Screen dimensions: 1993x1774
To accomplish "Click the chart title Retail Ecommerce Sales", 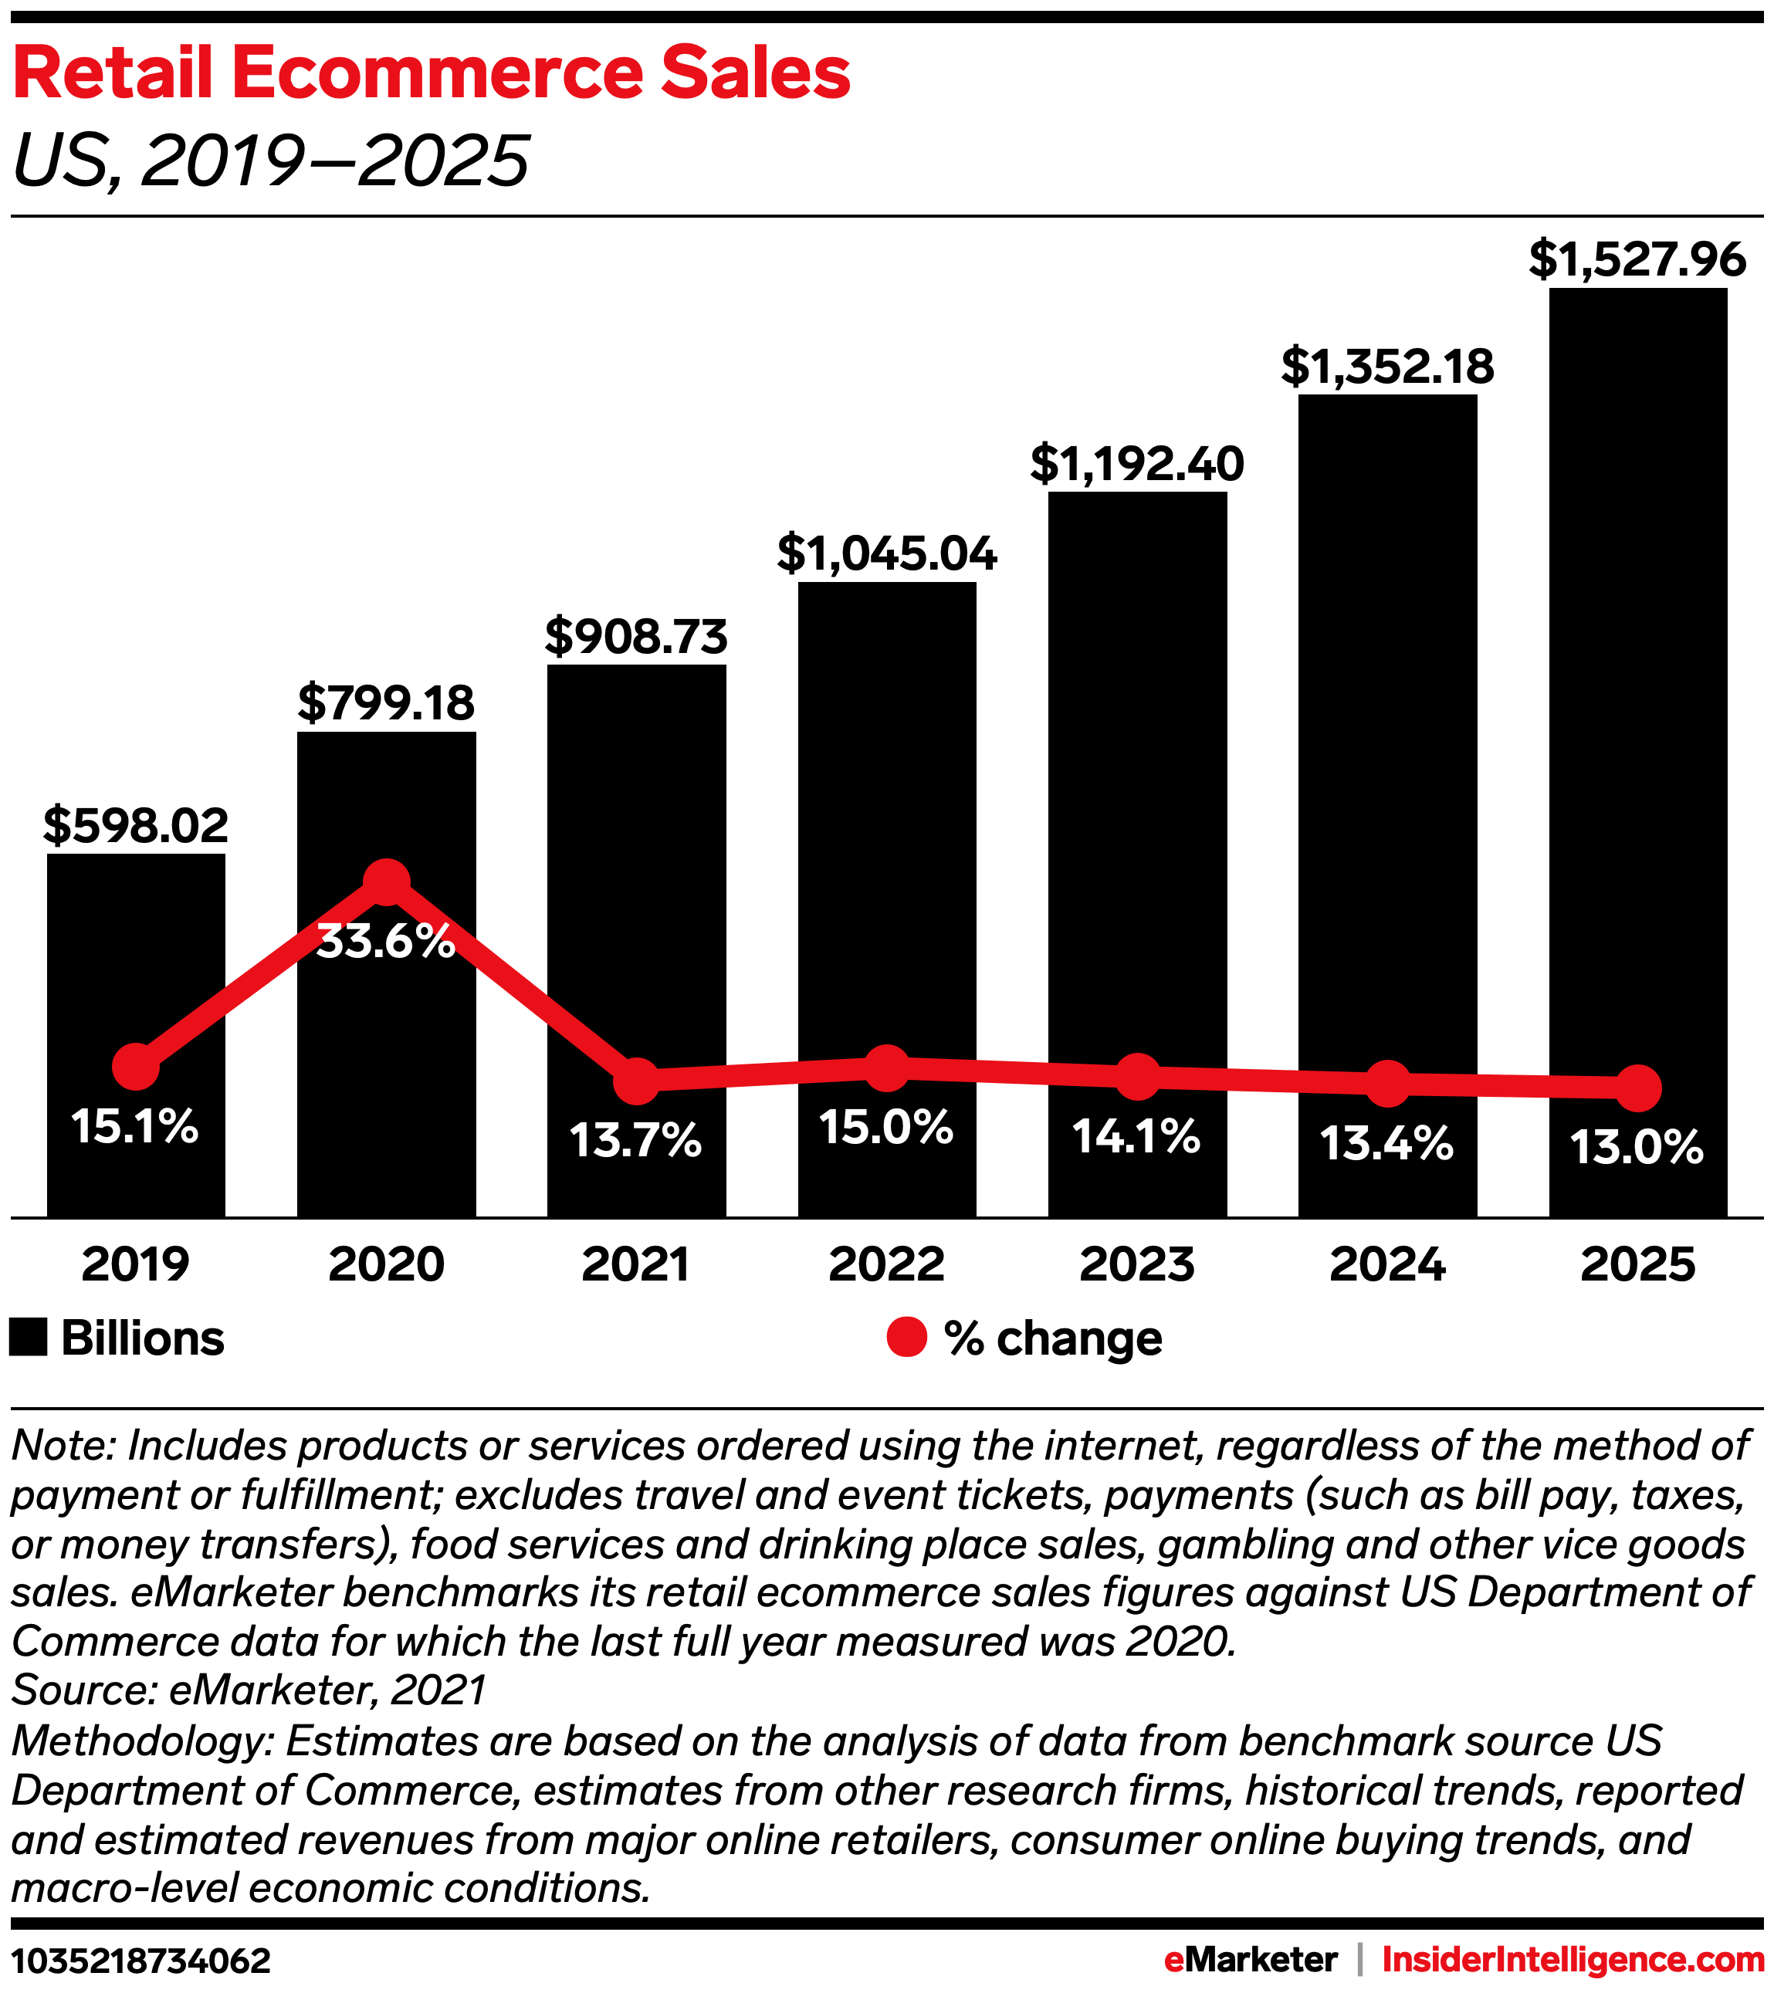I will (x=431, y=74).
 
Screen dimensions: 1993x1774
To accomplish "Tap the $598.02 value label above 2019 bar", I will (x=136, y=826).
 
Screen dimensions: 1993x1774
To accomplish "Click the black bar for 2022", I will (x=886, y=829).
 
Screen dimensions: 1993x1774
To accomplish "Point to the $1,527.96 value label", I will (x=1637, y=259).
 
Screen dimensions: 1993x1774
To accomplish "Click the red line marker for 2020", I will (x=386, y=881).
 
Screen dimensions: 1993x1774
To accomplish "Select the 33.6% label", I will (x=386, y=941).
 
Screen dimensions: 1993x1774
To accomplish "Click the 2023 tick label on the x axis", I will (x=1137, y=1264).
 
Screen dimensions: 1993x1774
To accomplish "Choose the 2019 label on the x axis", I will (x=136, y=1264).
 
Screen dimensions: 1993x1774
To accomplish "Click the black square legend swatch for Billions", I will (x=29, y=1337).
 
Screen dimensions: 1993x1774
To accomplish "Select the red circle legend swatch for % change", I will (x=906, y=1337).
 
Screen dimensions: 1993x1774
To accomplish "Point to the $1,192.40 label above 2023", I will (x=1137, y=464).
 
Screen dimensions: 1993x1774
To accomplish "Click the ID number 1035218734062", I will (x=141, y=1961).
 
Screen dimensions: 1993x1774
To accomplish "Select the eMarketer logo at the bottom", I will (x=1251, y=1960).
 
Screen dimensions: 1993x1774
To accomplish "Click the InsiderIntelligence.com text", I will (x=1573, y=1960).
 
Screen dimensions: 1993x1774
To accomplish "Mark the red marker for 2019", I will (x=136, y=1068).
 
